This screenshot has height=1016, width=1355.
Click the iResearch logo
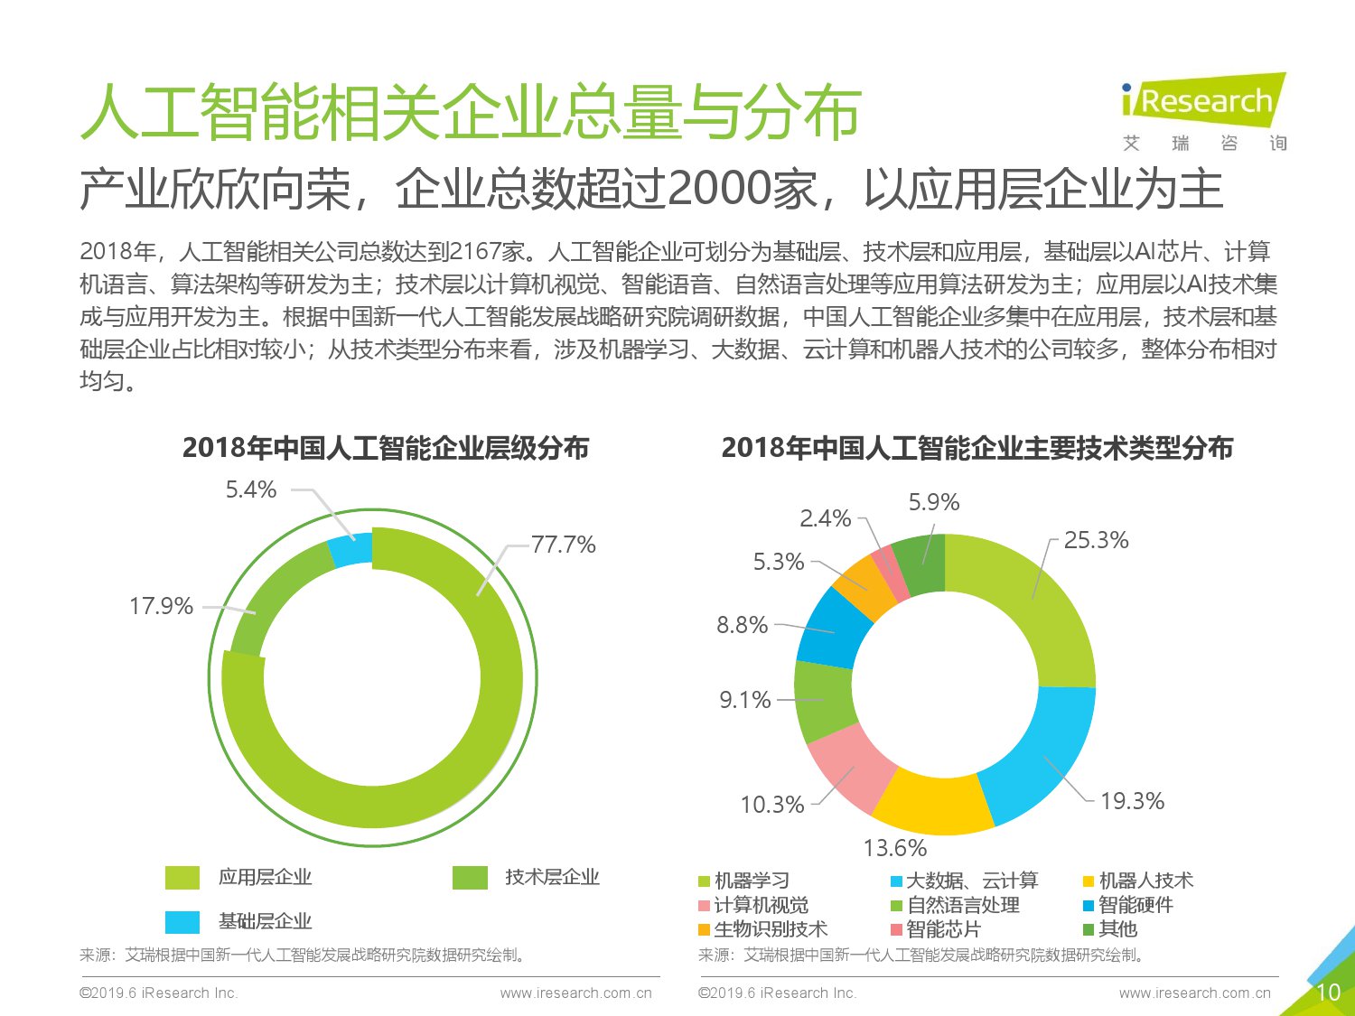pos(1202,101)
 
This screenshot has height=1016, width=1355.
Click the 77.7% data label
pos(563,545)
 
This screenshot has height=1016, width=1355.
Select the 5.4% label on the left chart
pos(250,489)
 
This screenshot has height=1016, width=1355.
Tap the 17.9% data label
pos(161,606)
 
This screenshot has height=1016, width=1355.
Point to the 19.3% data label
pos(1132,801)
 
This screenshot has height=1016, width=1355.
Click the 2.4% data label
pos(825,518)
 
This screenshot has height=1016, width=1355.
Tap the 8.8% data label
pos(742,625)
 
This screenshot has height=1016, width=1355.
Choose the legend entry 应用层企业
pos(265,877)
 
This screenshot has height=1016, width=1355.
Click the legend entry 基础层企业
pos(265,921)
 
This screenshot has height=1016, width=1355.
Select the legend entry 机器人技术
pos(1145,881)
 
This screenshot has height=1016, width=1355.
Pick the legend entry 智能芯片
pos(943,929)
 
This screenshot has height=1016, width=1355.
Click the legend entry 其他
pos(1117,929)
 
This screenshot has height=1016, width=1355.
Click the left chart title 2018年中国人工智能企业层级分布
pos(386,448)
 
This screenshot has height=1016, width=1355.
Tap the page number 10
pos(1327,993)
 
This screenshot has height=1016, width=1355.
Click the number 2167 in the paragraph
pos(475,252)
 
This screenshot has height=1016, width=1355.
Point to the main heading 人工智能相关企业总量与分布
pos(471,114)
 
